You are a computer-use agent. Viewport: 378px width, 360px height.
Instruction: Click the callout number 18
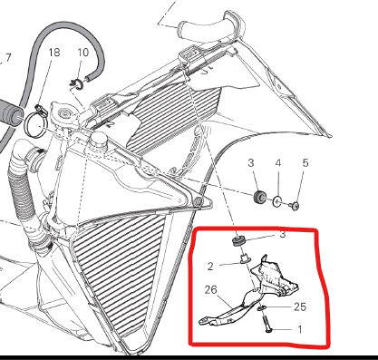(54, 53)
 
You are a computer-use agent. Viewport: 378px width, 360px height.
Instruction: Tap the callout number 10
(83, 53)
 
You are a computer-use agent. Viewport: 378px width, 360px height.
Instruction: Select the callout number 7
(8, 58)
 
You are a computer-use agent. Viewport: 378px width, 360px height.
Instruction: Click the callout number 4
(278, 163)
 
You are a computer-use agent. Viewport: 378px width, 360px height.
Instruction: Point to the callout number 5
(305, 163)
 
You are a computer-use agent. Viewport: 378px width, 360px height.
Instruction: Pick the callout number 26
(210, 290)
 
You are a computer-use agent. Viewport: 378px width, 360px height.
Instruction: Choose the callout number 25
(300, 307)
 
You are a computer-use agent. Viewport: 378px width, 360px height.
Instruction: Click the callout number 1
(300, 329)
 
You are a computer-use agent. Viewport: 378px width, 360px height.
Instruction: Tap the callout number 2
(210, 267)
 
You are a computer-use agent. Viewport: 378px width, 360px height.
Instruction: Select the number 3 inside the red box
(283, 234)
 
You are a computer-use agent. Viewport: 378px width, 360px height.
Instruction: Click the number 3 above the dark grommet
(251, 163)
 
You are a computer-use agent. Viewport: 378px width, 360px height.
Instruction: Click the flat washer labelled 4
(277, 201)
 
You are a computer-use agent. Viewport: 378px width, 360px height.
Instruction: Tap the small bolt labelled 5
(294, 206)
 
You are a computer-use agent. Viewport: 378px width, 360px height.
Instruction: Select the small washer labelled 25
(262, 308)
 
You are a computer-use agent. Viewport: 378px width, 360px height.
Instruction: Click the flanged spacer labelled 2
(244, 259)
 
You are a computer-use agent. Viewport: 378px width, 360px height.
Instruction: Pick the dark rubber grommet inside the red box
(238, 241)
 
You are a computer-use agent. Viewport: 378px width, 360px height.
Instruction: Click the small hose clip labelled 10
(77, 85)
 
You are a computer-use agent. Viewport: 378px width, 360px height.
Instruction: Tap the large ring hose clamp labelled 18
(34, 125)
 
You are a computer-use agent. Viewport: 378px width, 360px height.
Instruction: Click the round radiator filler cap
(65, 113)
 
